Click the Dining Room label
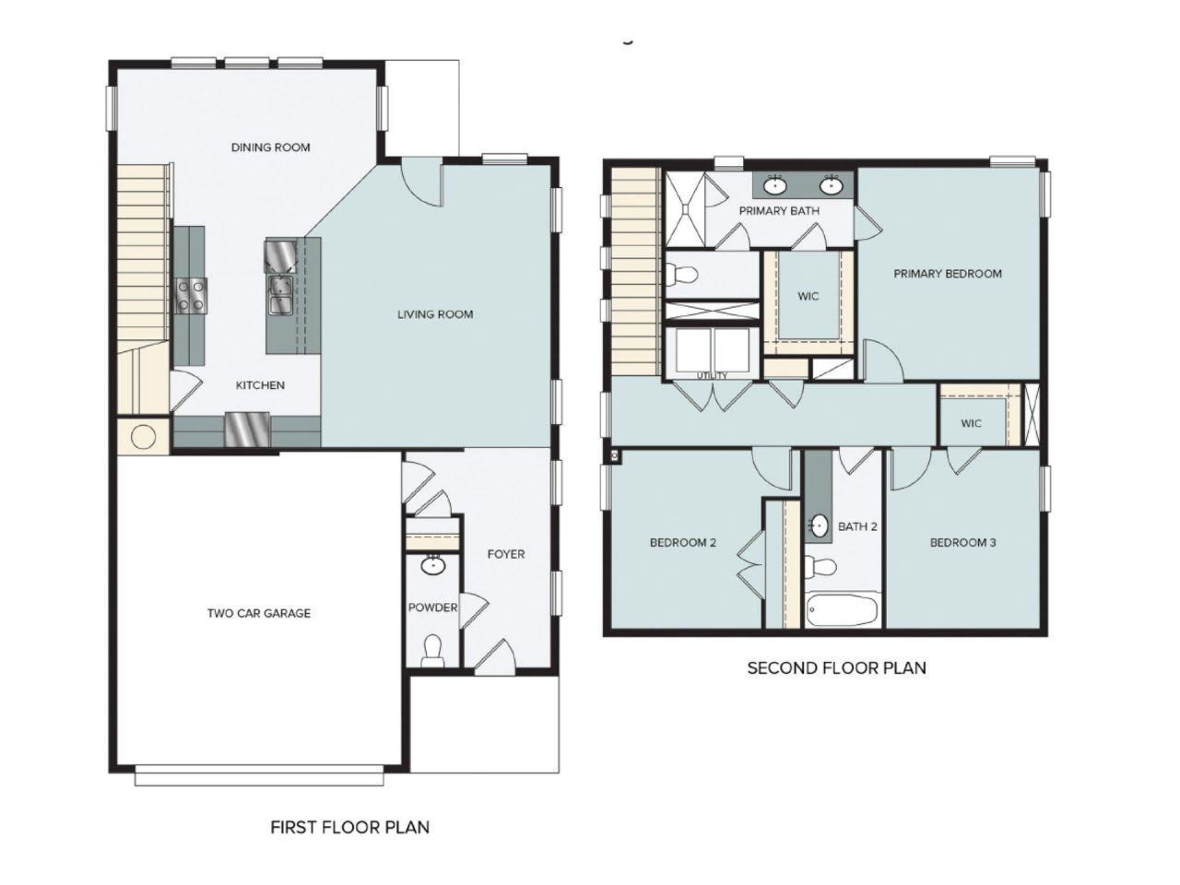270,147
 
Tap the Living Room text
435,314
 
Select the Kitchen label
260,385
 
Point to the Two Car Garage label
259,613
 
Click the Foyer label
506,554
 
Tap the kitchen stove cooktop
191,296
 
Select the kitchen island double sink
280,295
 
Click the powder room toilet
432,650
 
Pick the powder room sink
432,566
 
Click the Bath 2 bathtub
843,610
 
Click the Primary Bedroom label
948,274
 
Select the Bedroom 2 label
683,543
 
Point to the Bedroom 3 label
962,543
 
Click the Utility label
713,375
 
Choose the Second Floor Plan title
836,668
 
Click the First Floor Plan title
350,827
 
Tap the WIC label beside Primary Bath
808,296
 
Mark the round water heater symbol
144,437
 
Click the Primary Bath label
779,210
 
